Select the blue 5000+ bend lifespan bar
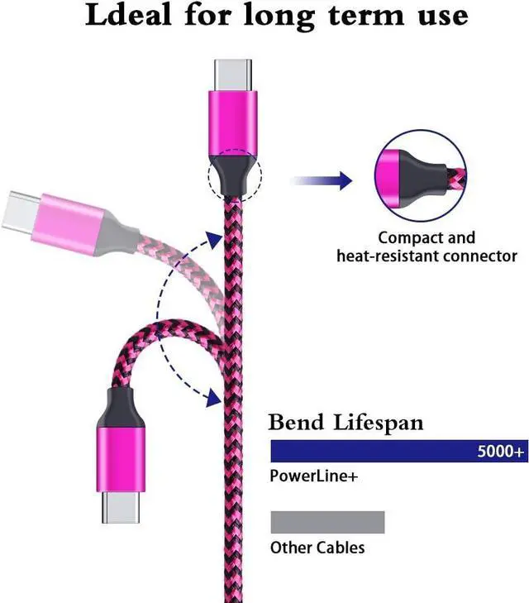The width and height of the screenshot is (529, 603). pyautogui.click(x=372, y=451)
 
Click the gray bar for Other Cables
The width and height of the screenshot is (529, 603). pyautogui.click(x=327, y=522)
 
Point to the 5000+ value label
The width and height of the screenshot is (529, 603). pyautogui.click(x=500, y=452)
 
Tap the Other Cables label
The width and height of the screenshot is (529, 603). pyautogui.click(x=317, y=548)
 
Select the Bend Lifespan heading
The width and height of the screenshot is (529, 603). pyautogui.click(x=346, y=424)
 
